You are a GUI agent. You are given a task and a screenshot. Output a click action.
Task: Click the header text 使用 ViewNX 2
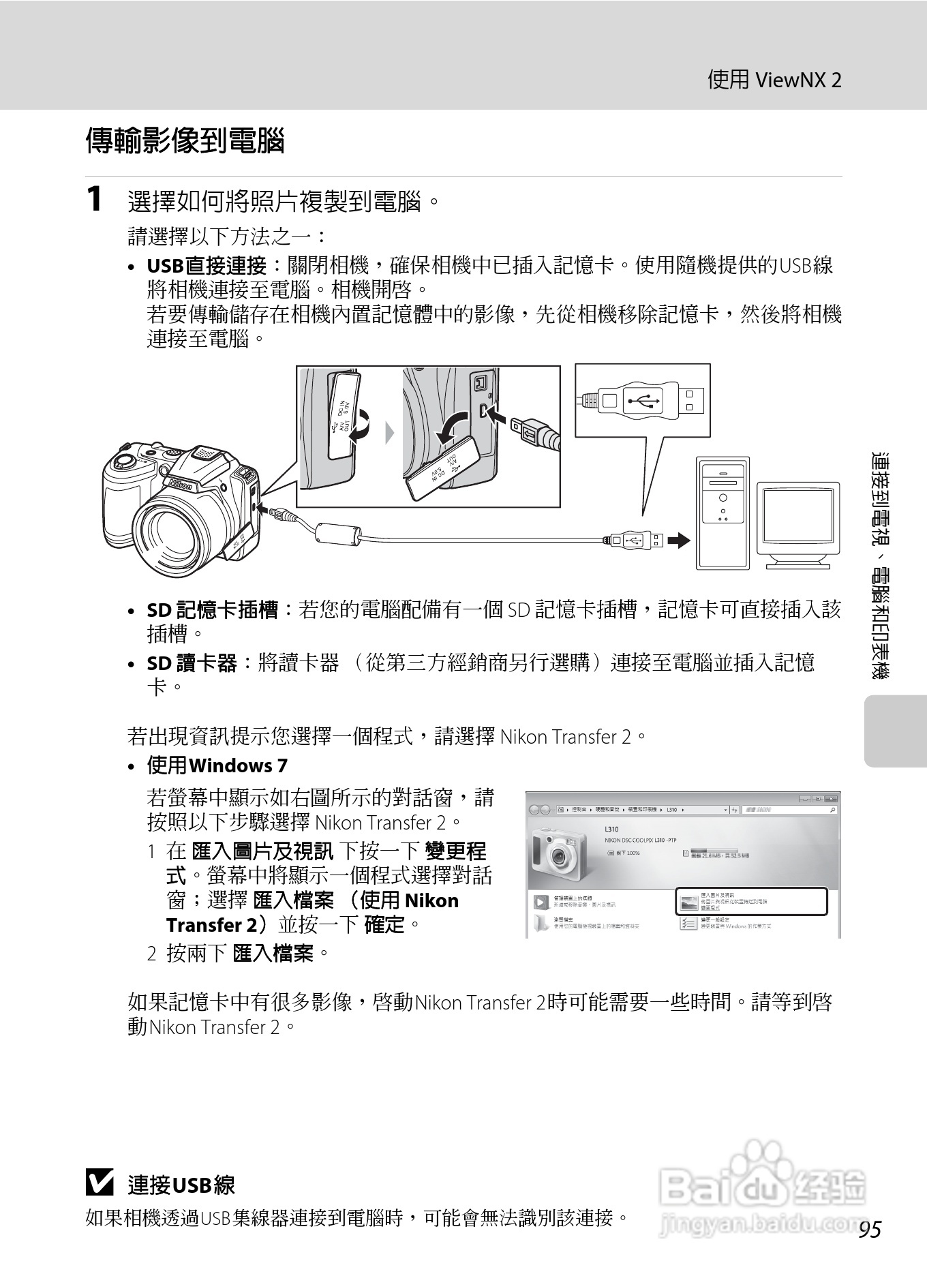coord(774,80)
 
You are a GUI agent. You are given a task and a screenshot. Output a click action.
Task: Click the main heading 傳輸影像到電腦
coord(185,141)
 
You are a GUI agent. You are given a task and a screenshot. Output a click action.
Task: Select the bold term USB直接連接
coord(207,266)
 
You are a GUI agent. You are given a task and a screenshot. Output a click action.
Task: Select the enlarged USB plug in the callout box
coord(642,399)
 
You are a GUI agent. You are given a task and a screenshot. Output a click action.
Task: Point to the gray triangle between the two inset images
coord(389,433)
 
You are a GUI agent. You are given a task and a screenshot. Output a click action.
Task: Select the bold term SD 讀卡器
coord(192,663)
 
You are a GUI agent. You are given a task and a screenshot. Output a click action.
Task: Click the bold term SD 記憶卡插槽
coord(212,609)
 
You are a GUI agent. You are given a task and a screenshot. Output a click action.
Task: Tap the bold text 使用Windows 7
coord(217,765)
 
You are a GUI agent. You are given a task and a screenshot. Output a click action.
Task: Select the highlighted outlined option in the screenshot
coord(750,901)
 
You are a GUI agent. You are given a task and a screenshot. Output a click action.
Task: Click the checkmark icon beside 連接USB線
coord(100,1183)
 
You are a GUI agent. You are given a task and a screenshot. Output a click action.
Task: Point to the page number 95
coord(870,1230)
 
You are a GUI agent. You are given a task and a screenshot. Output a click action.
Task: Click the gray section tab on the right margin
coord(895,731)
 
